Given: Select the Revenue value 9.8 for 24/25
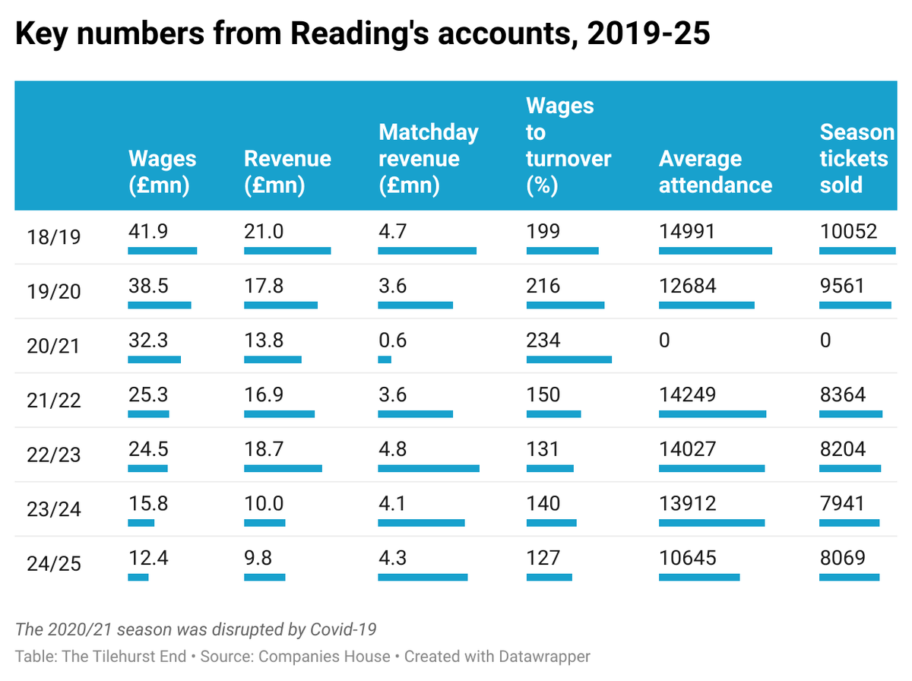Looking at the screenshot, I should [258, 558].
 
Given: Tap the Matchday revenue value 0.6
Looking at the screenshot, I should [392, 340].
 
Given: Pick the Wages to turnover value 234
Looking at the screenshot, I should [543, 340].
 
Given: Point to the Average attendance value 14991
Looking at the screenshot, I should [687, 231].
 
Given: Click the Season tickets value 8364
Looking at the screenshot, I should [842, 394].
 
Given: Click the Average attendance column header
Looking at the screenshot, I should [714, 172].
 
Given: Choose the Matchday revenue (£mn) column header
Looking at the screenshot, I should [429, 159].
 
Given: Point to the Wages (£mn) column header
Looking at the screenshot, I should [162, 172].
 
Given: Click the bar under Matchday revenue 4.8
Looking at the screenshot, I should [429, 468].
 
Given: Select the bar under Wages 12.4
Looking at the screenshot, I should [138, 578].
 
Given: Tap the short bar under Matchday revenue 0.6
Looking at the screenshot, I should [385, 360].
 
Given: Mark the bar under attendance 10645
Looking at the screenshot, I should [699, 578].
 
